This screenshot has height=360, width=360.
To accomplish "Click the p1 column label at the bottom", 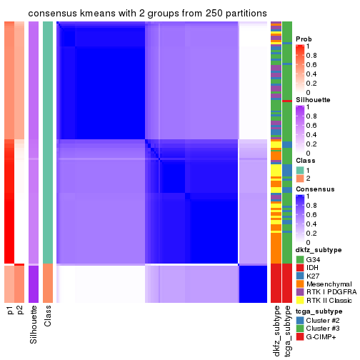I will click(x=11, y=311).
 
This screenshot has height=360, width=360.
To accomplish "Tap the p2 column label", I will click(x=21, y=311).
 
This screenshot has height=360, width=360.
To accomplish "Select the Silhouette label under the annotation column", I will click(x=33, y=325).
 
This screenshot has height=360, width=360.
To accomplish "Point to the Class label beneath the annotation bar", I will click(x=48, y=316).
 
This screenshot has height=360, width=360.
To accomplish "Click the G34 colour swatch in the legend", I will click(x=300, y=259).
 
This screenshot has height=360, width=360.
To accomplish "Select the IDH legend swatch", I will click(x=300, y=268).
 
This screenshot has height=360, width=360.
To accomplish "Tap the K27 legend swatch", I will click(x=300, y=277).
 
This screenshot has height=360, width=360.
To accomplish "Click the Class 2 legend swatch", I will click(x=300, y=179).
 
